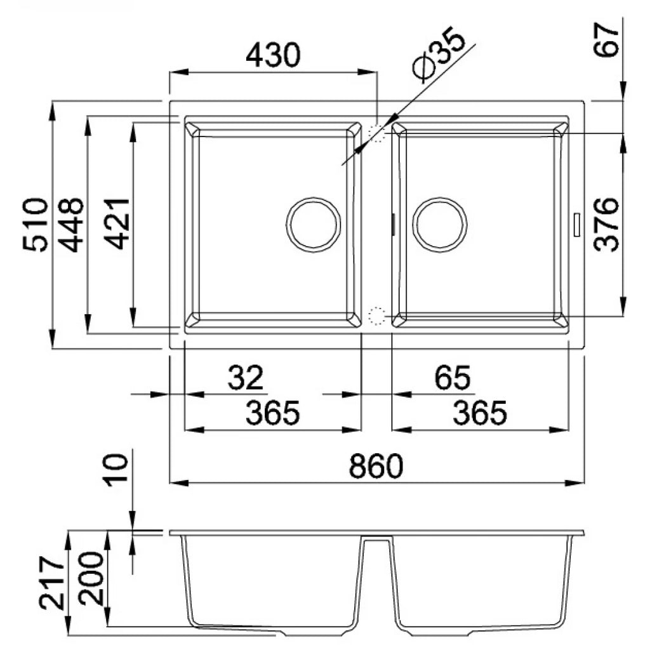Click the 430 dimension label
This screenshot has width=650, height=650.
[272, 55]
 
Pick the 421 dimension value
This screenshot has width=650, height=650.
[117, 223]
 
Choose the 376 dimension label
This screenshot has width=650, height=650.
[606, 224]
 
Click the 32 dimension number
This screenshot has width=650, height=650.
[246, 377]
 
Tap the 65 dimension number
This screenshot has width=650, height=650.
[452, 377]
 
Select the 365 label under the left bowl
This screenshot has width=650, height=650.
[272, 413]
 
